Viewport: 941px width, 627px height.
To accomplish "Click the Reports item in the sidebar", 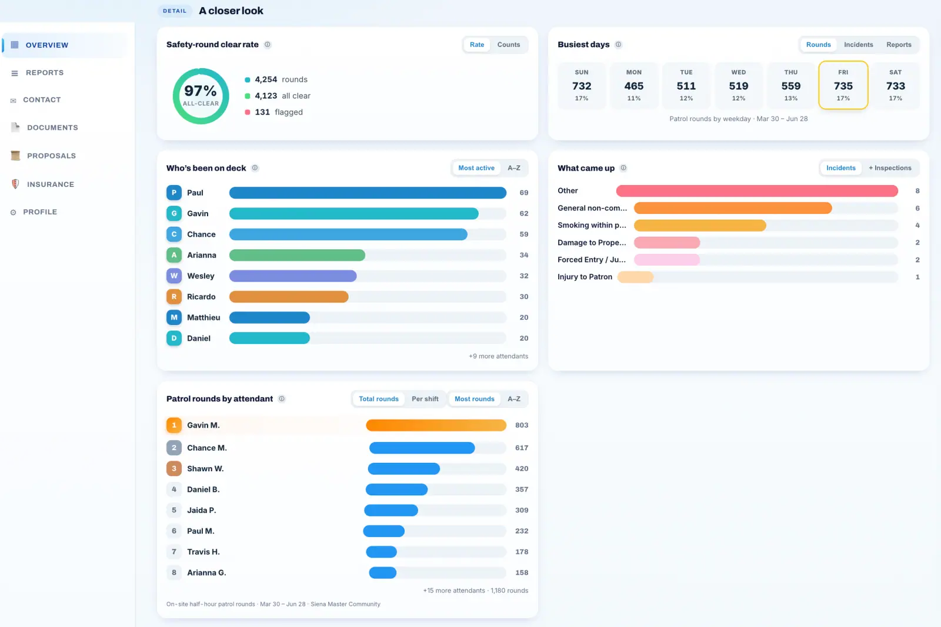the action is coord(45,73).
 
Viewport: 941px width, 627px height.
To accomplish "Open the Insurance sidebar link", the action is coord(51,185).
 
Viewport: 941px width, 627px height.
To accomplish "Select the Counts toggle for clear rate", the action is coord(508,45).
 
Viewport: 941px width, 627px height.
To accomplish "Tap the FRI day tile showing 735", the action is coord(843,85).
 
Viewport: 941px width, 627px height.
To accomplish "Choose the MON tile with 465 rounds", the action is coord(633,85).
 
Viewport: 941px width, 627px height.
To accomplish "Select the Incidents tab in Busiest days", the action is coord(858,45).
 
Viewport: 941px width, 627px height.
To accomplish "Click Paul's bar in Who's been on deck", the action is coord(368,193).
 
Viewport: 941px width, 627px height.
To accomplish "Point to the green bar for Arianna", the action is coord(297,255).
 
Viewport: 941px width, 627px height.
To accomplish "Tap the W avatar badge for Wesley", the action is coord(174,276).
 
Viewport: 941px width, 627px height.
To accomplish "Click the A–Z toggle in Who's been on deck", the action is coord(514,168).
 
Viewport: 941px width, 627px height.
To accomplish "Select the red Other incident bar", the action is coord(757,191).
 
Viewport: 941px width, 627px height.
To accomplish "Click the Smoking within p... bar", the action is coord(700,226).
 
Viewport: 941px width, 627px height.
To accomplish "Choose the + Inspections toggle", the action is coord(890,168).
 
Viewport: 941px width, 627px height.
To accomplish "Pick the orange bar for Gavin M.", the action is coord(436,425).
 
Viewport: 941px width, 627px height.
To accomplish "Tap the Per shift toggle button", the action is coord(425,398).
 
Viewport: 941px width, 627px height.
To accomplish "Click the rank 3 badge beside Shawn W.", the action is coord(174,468).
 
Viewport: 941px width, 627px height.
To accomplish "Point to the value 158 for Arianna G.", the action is coord(521,572).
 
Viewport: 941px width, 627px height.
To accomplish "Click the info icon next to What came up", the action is coord(623,168).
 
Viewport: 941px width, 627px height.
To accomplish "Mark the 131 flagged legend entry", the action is coord(273,112).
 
